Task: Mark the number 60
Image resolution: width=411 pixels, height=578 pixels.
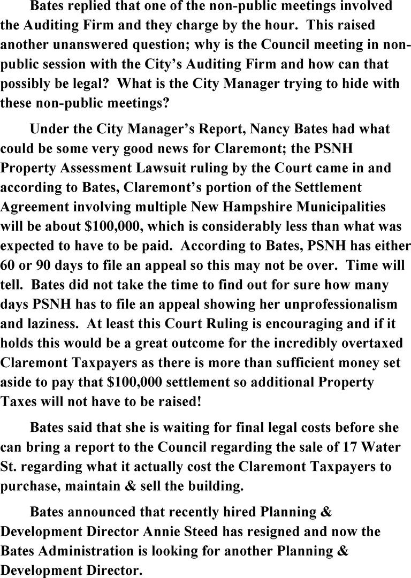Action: pos(10,265)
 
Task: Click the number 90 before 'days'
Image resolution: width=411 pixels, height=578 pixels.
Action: pos(45,265)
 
